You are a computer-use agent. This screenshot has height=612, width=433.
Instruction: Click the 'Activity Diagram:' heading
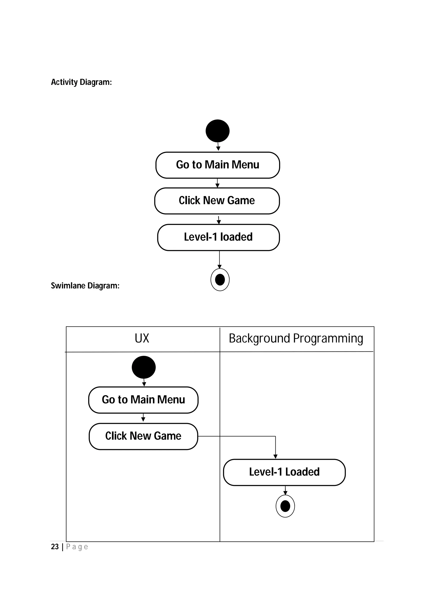81,82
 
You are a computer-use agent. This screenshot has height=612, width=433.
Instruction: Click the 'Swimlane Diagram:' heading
85,286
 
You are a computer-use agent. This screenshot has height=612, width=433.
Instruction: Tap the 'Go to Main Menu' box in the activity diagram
217,165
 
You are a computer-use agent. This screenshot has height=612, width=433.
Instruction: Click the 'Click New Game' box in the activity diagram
217,201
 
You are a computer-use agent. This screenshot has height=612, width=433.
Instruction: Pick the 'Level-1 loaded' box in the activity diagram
218,237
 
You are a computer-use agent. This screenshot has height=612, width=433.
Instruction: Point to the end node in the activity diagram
220,280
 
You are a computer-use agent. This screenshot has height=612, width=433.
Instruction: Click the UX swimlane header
142,339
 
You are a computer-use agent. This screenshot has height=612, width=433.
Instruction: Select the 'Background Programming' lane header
296,339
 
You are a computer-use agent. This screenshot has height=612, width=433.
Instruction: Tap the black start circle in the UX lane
144,367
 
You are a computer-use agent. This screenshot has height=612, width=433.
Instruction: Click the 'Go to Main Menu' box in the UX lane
143,400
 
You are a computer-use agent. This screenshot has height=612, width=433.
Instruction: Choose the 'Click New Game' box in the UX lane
143,436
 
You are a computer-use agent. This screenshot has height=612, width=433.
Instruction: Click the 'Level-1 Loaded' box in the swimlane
284,472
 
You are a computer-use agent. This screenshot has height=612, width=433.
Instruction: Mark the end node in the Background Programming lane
285,506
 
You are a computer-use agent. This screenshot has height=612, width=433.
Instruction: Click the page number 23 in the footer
55,547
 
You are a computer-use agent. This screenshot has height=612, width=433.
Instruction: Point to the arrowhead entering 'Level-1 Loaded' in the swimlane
275,457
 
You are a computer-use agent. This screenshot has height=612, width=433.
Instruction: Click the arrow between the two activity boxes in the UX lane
143,418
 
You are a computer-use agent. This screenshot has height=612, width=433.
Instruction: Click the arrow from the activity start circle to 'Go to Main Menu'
218,147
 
